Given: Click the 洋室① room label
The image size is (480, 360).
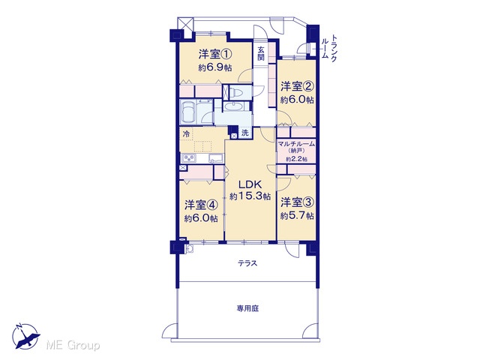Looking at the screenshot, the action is (215, 55).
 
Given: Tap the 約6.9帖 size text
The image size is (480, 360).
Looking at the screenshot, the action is (215, 67).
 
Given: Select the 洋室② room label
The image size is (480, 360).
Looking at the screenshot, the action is (297, 87).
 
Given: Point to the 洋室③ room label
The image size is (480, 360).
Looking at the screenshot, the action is (297, 202).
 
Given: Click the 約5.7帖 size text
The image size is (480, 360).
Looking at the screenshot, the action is (297, 216).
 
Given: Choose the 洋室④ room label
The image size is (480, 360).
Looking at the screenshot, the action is (201, 205).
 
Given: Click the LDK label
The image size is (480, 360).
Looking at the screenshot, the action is (250, 184).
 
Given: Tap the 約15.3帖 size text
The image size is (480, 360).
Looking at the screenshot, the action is (250, 196).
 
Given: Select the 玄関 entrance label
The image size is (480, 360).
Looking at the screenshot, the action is (261, 53).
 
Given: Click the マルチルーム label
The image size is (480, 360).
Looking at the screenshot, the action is (296, 143).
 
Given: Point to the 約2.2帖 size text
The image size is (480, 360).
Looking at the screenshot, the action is (297, 159).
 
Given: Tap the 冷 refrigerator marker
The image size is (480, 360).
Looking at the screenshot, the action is (186, 133).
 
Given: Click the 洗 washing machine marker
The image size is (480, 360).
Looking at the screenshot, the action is (245, 133).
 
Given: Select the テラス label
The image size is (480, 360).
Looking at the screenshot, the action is (247, 263).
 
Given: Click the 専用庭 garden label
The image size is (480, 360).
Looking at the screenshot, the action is (247, 308).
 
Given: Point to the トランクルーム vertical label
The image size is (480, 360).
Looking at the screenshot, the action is (329, 48).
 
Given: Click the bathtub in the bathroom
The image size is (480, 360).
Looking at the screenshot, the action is (188, 112).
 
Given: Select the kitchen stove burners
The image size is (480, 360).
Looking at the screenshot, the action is (188, 158).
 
